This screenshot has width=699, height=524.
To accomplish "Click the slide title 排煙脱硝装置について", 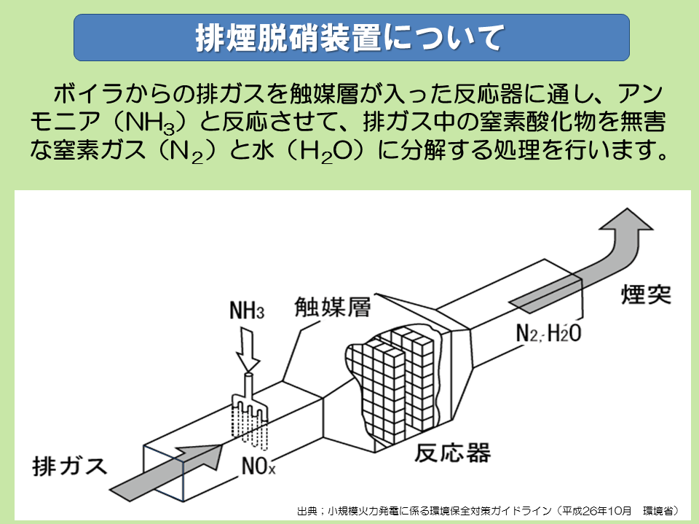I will tap(350, 38).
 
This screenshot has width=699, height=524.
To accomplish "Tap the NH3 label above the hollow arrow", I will tap(246, 313).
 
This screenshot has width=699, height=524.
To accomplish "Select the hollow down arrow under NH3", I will tap(248, 350).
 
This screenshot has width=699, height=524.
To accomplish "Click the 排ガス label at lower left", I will tap(70, 464).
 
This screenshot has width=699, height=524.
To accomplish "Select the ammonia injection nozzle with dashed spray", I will tap(250, 412).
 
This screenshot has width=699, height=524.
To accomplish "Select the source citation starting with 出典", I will tap(488, 510).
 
